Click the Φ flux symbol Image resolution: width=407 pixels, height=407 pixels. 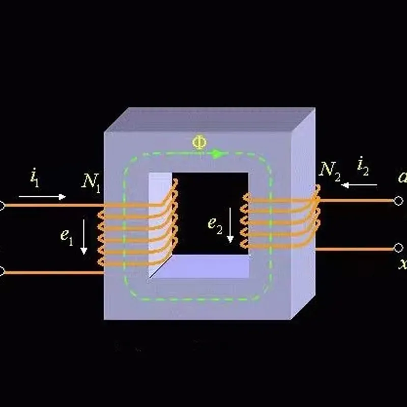[x=199, y=142]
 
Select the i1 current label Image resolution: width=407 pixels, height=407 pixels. [x=34, y=179]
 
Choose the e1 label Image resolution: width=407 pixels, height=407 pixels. [x=67, y=236]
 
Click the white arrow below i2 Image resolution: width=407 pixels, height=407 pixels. [x=359, y=185]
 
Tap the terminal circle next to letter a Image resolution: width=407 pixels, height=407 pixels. [x=398, y=200]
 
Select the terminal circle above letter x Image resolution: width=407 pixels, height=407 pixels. [x=398, y=248]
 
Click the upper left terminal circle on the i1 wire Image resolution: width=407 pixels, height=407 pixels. [x=2, y=206]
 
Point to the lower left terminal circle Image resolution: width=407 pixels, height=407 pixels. [x=2, y=272]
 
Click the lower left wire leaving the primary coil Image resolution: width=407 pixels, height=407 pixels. [x=51, y=273]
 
